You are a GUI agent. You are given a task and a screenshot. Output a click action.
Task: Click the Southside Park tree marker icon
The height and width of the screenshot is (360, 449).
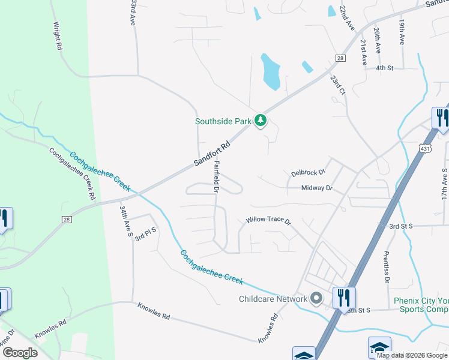pyautogui.click(x=261, y=121)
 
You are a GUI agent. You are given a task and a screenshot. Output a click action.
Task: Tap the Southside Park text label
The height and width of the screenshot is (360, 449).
pyautogui.click(x=223, y=121)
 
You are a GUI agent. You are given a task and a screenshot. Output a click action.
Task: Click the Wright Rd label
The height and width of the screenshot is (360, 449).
pyautogui.click(x=58, y=36)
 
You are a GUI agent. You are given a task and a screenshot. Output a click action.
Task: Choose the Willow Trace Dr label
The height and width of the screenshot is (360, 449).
pyautogui.click(x=268, y=221)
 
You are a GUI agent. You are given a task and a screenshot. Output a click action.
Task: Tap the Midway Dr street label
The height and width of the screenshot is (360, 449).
pyautogui.click(x=316, y=188)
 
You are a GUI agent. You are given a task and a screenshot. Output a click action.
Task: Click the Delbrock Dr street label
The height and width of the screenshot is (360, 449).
pyautogui.click(x=307, y=173)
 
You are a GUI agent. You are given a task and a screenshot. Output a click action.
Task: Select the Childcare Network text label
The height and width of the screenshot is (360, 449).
pyautogui.click(x=273, y=299)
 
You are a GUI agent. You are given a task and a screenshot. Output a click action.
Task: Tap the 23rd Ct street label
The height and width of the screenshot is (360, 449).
pyautogui.click(x=338, y=85)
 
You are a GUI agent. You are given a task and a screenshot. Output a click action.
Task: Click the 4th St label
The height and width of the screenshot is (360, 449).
pyautogui.click(x=384, y=68)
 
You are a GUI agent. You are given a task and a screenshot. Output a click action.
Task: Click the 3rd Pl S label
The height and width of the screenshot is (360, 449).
pyautogui.click(x=145, y=234)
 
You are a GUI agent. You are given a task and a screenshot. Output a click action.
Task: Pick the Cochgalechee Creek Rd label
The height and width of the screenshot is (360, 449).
pyautogui.click(x=71, y=173)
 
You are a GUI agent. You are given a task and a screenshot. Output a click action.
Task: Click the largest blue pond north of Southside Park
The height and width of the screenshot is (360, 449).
pyautogui.click(x=270, y=71)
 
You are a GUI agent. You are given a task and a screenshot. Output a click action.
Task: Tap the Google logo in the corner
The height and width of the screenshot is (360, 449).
pyautogui.click(x=19, y=353)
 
